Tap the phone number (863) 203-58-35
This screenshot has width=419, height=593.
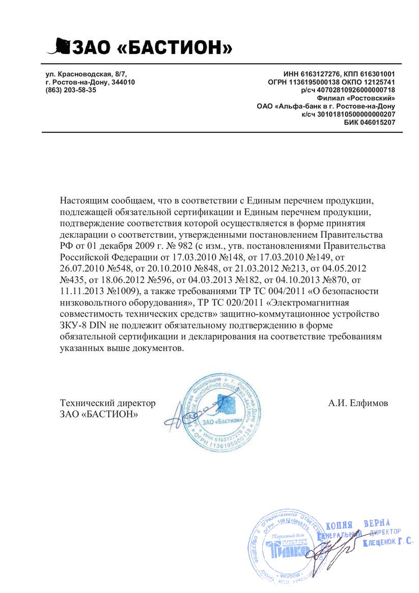71,90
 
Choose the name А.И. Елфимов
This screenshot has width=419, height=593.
358,403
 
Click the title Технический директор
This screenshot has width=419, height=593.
107,403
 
